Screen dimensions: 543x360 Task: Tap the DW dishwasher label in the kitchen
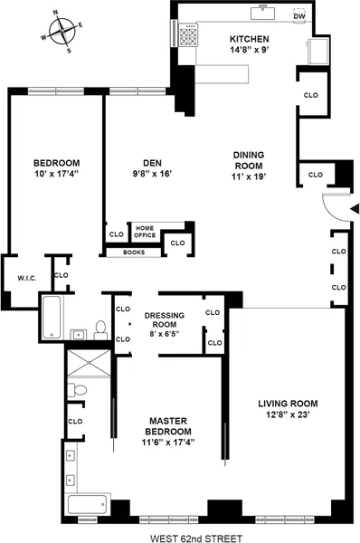point(299,16)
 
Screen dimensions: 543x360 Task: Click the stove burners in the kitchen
point(191,37)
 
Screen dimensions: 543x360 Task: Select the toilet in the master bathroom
point(80,389)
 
